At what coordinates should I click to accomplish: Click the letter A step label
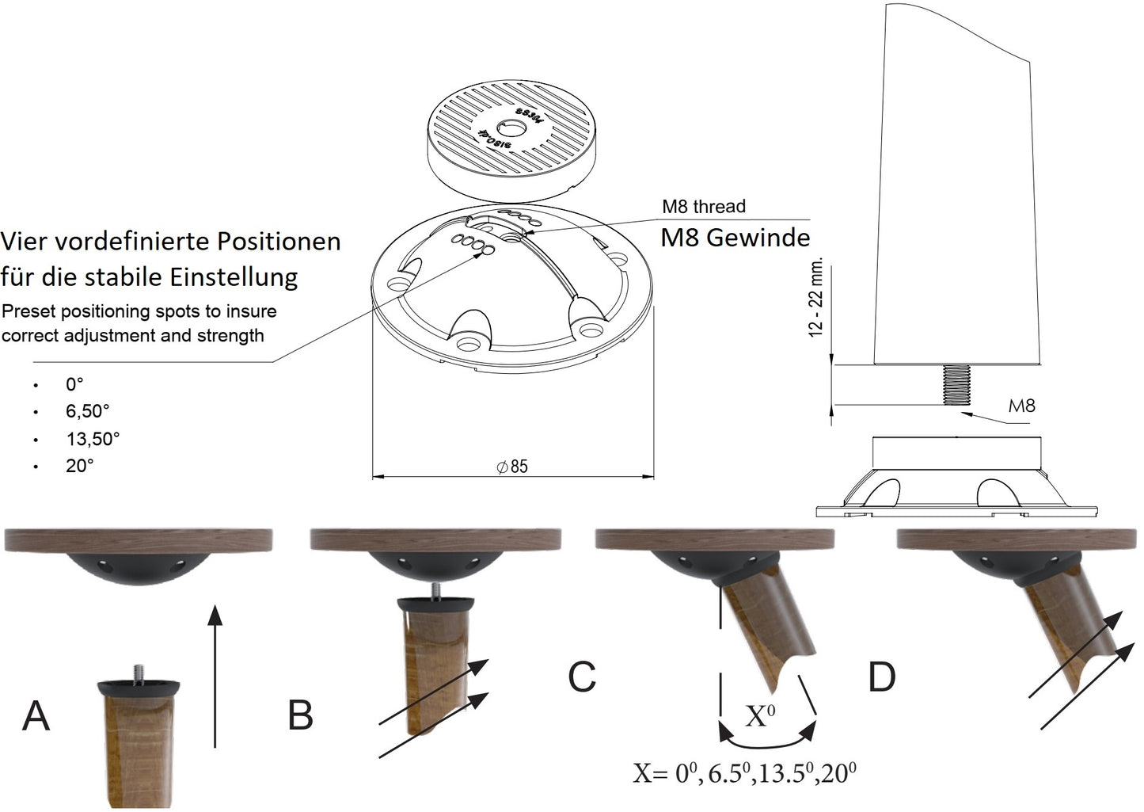click(36, 715)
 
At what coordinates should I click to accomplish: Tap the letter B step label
click(300, 715)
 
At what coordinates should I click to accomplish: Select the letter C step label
click(582, 677)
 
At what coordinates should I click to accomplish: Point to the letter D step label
click(881, 677)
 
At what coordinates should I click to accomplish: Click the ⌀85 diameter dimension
click(512, 467)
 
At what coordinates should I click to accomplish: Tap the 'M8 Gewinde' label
click(735, 238)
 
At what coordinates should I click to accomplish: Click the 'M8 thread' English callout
click(704, 207)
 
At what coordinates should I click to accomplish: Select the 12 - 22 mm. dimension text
click(815, 297)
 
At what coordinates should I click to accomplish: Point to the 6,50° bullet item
click(88, 411)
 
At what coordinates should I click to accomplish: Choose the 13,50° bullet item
click(93, 438)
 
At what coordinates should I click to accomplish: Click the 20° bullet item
click(80, 465)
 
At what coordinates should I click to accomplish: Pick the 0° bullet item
click(74, 384)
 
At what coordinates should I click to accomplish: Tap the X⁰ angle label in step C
click(760, 716)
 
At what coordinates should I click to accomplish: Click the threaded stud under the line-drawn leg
click(959, 384)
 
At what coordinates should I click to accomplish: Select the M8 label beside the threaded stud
click(1021, 406)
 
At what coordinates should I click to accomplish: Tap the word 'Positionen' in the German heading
click(279, 241)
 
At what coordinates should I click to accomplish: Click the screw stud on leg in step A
click(138, 673)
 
